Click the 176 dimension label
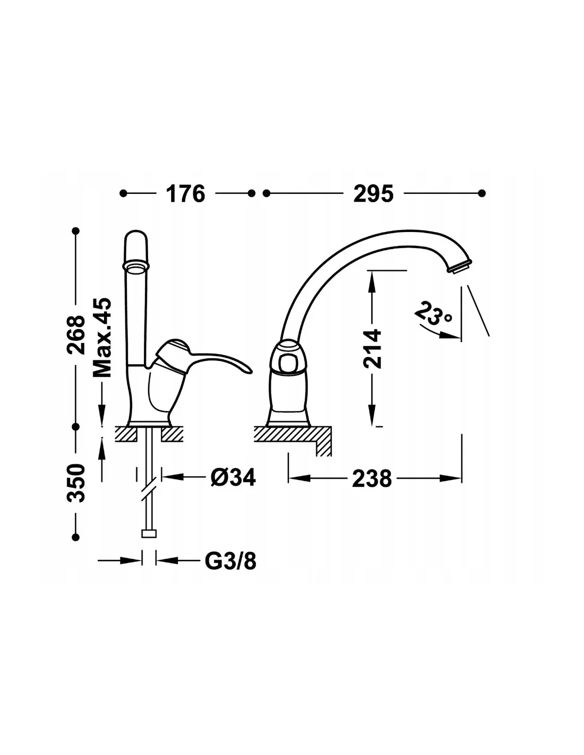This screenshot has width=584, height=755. click(185, 193)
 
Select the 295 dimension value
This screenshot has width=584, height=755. click(373, 193)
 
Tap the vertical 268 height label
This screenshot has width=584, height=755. click(76, 334)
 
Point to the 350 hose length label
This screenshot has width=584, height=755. click(76, 483)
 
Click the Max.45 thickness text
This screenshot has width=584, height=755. click(102, 337)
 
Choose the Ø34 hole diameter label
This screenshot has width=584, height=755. click(233, 477)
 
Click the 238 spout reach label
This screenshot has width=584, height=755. click(372, 479)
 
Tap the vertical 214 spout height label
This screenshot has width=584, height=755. click(372, 348)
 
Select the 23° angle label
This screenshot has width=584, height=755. click(434, 313)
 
